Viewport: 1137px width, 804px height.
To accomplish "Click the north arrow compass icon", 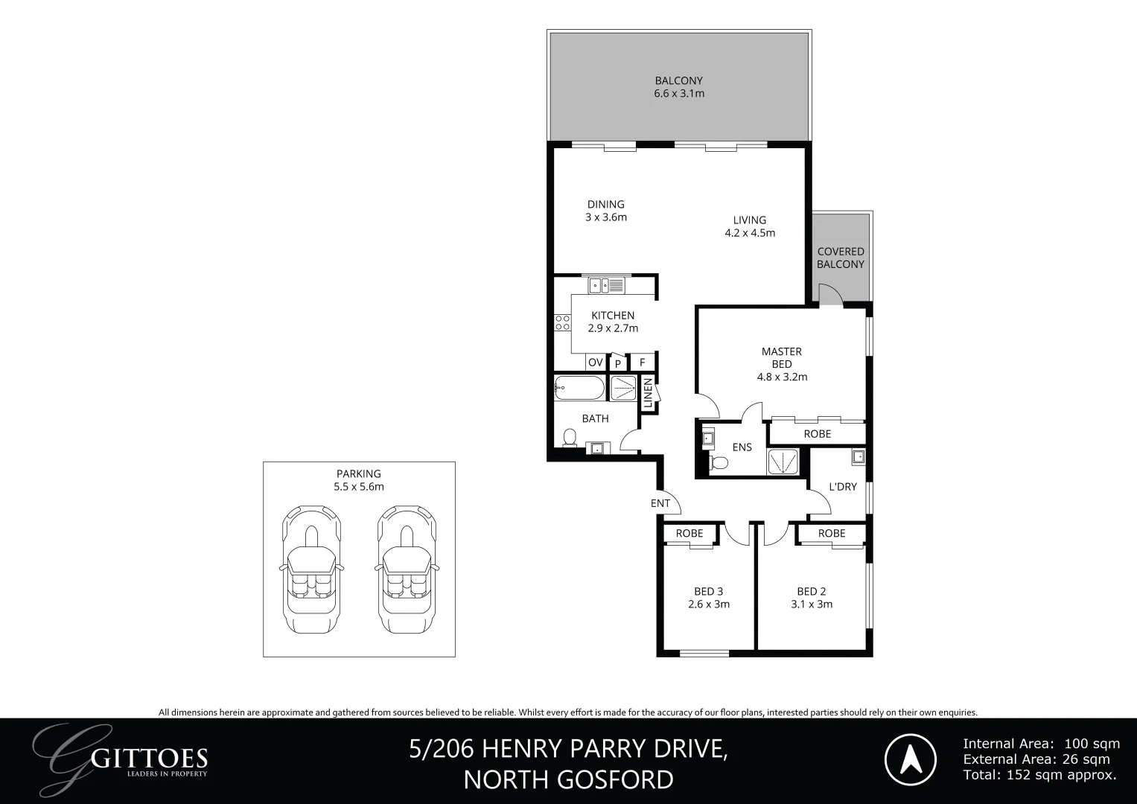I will [910, 759].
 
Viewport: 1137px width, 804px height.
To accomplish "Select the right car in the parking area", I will [407, 570].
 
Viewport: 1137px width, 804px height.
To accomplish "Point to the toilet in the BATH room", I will [570, 438].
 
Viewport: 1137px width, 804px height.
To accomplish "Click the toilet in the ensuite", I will [719, 463].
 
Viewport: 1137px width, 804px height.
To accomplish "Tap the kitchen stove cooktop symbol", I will [562, 322].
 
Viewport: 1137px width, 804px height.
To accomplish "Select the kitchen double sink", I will [605, 284].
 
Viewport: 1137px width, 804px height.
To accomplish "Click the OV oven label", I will [595, 363].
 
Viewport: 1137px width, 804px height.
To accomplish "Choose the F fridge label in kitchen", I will [642, 363].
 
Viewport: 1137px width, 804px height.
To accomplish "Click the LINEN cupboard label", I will [649, 394].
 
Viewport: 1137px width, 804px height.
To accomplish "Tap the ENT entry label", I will [660, 503].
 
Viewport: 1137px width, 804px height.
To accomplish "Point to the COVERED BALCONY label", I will [841, 258].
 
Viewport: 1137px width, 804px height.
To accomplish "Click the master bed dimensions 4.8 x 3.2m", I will [782, 377].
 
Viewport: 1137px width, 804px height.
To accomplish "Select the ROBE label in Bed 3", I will [689, 533].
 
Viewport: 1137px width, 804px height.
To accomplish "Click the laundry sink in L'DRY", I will [859, 456].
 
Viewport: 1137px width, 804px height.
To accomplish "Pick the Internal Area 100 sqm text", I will [1041, 743].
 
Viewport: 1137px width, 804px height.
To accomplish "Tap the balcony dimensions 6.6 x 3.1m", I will [679, 94].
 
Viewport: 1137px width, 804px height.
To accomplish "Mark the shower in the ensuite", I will [783, 462].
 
